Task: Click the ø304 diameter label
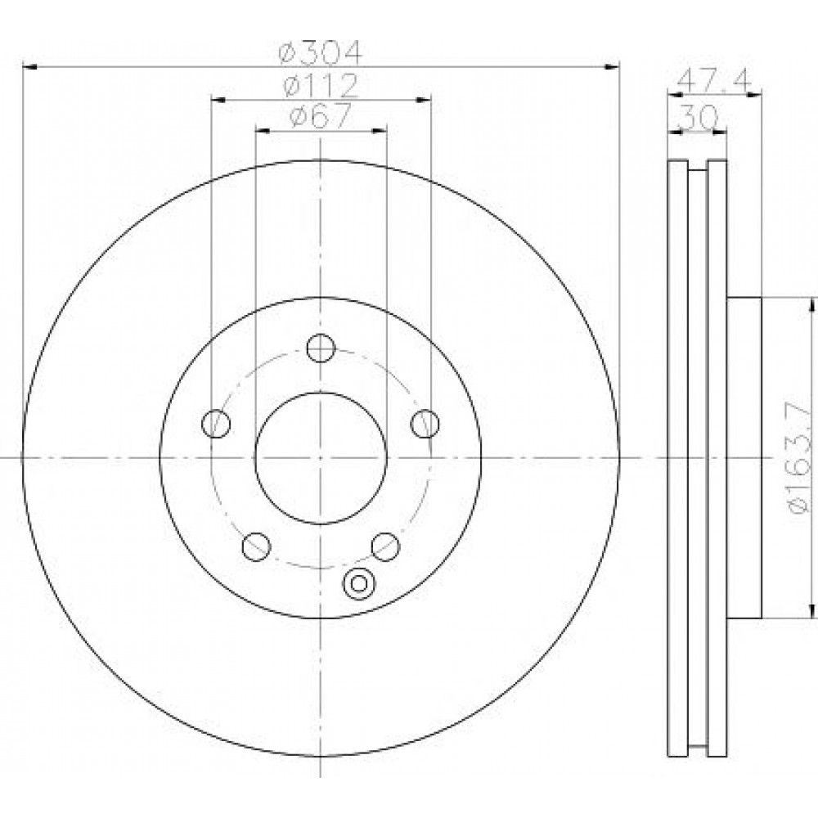click(320, 52)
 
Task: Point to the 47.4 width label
click(715, 80)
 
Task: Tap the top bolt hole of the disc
click(321, 348)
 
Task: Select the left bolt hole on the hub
click(216, 423)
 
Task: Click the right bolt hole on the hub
click(425, 423)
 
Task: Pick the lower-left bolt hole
click(256, 546)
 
